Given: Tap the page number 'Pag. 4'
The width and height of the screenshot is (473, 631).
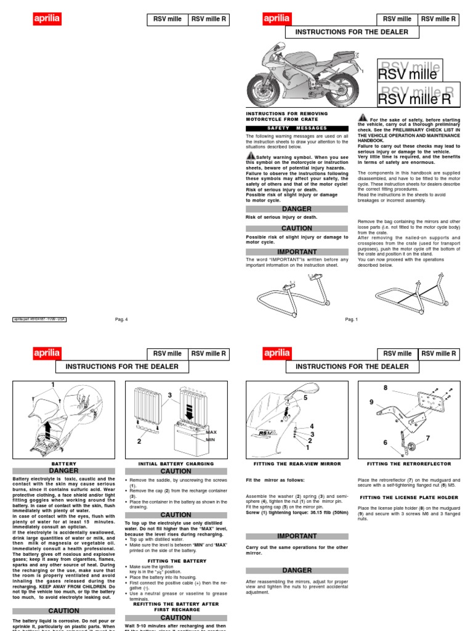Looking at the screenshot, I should click(121, 319).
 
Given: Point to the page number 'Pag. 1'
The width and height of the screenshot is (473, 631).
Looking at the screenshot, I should click(352, 319).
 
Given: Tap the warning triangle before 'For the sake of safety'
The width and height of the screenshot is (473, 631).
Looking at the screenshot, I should click(363, 117).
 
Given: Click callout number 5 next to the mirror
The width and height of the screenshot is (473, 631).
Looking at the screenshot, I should click(304, 399).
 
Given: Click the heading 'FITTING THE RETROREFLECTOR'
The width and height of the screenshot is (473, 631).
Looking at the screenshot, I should click(409, 463).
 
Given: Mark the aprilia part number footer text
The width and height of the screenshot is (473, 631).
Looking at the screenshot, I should click(39, 319).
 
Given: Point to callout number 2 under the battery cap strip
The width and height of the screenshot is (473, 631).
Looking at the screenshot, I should click(139, 441).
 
